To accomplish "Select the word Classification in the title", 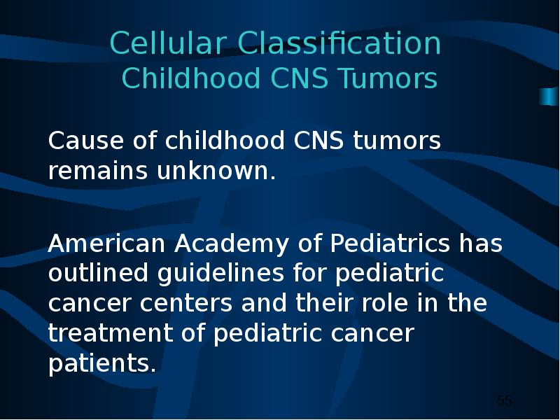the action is [x=339, y=43].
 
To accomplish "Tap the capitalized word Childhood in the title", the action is [x=190, y=78].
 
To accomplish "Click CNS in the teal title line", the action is [x=300, y=78].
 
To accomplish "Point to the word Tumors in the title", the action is [x=388, y=78].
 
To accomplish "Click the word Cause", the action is [x=85, y=140].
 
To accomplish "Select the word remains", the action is [x=97, y=170].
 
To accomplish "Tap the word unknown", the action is [x=216, y=170].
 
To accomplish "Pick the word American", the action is [x=106, y=244].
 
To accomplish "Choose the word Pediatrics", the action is [x=390, y=243].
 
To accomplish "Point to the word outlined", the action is [x=98, y=273].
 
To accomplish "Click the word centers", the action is [x=185, y=304].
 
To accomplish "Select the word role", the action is [x=384, y=303].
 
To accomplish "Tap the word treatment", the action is [x=110, y=333].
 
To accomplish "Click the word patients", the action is [x=101, y=363].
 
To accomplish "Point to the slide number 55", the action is [x=504, y=400].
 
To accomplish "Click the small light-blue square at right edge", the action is [x=549, y=97].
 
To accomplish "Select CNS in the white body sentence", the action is [x=318, y=140].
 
